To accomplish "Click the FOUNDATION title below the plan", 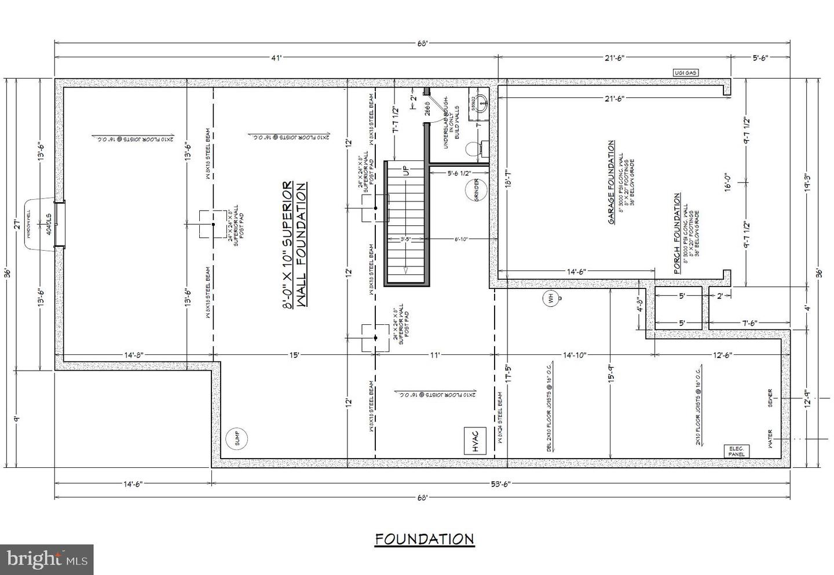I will pos(425,539).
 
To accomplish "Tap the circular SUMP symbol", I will pos(236,439).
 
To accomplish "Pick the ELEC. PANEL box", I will pos(737,452).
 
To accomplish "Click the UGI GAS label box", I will pos(685,72).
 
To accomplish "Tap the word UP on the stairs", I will pos(405,171).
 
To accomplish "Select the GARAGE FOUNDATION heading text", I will pos(611,182).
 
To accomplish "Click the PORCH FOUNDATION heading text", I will pos(676,233).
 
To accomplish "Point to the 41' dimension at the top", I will pos(276,57).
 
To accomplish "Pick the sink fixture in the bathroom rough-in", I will pos(478,101).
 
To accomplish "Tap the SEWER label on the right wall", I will pos(770,398).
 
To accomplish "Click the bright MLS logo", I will pos(46,559).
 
